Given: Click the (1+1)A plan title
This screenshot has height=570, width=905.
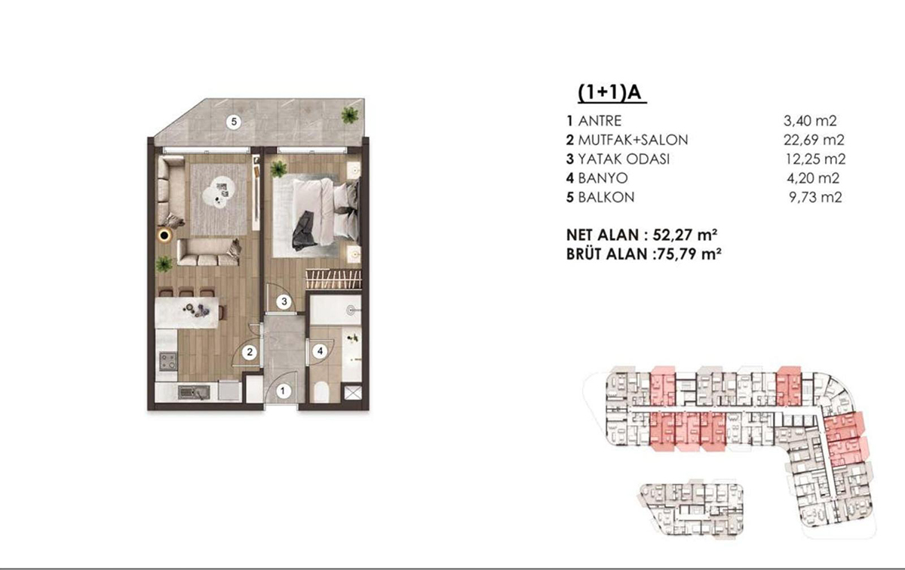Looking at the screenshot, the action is tap(612, 93).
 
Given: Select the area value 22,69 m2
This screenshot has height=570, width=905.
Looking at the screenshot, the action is tap(814, 140).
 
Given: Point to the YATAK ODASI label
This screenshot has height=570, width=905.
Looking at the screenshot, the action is tap(624, 159).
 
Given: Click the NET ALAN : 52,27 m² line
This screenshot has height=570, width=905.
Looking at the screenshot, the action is tap(642, 235).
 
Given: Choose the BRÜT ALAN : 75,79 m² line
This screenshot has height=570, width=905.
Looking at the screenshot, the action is tap(644, 254).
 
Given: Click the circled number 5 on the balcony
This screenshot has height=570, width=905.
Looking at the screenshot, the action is tap(234, 122).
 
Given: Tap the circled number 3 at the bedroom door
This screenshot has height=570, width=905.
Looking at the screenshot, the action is tap(284, 301).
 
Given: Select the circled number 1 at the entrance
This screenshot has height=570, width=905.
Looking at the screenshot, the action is tap(283, 391).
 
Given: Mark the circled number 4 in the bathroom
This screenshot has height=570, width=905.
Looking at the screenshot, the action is tap(320, 351).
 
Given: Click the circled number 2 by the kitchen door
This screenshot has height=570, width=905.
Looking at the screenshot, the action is tap(250, 353).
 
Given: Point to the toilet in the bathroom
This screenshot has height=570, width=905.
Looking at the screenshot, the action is tap(321, 391).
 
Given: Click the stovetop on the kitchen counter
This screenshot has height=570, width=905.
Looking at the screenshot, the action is tap(167, 362).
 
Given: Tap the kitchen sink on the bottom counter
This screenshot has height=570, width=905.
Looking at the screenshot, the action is tap(194, 392).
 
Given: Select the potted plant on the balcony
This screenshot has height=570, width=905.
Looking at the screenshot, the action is tap(349, 116).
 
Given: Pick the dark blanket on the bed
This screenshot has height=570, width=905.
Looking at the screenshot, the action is tap(305, 231).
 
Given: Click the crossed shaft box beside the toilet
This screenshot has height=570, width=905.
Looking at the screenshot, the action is tap(351, 393).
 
